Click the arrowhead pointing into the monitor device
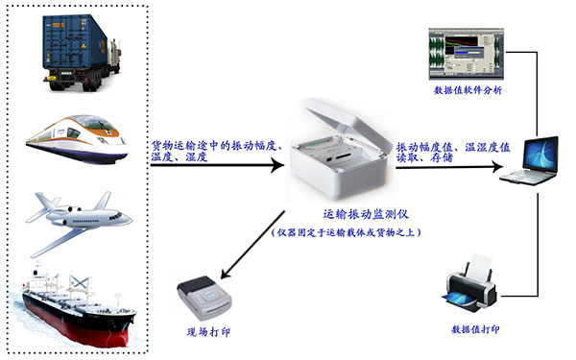tap(280, 166)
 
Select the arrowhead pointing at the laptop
tap(501, 166)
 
